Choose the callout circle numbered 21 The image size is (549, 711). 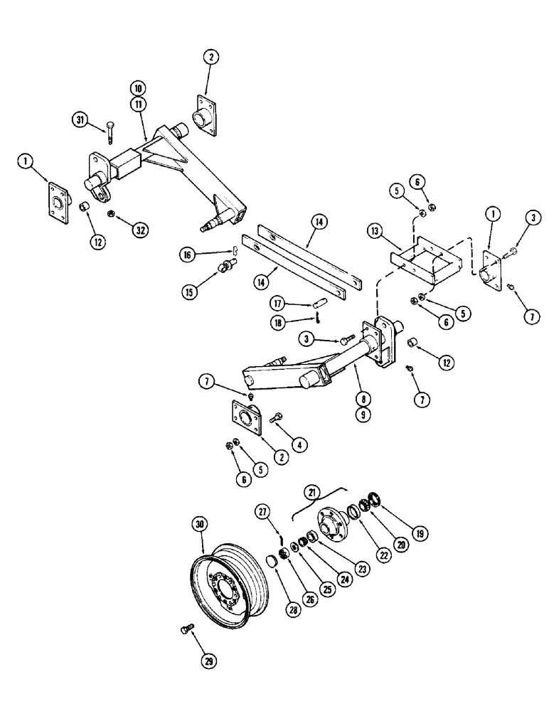[x=311, y=492]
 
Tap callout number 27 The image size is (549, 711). [x=262, y=512]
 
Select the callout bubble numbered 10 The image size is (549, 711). [x=137, y=88]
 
